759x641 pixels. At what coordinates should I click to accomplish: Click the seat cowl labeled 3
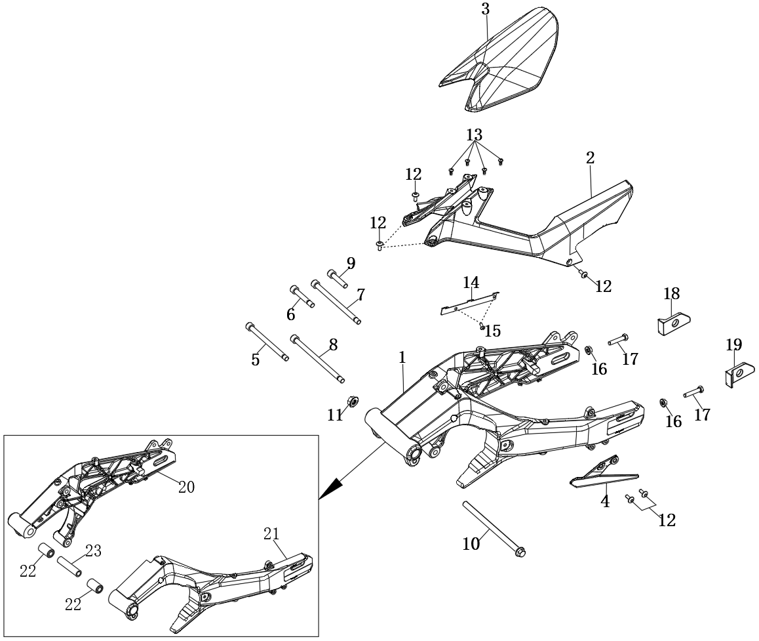(x=505, y=62)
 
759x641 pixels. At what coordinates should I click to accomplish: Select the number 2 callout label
(x=590, y=158)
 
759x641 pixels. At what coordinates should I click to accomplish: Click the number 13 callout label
(x=474, y=135)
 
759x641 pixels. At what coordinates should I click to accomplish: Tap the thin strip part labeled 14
(x=467, y=303)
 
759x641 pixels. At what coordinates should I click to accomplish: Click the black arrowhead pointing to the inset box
(x=331, y=489)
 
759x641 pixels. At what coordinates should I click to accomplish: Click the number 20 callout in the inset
(x=186, y=487)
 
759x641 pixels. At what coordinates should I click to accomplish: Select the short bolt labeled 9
(x=337, y=278)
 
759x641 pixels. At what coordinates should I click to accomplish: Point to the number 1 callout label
(x=402, y=358)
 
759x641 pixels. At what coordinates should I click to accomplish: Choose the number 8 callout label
(x=333, y=345)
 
